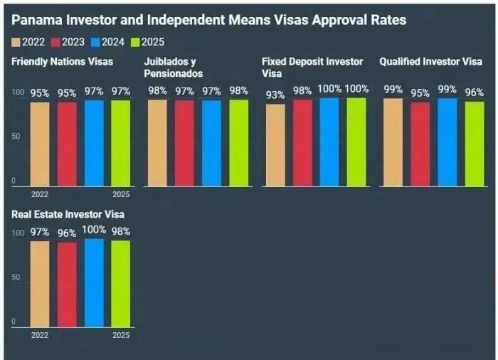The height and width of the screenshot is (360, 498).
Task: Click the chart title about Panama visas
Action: coord(208,20)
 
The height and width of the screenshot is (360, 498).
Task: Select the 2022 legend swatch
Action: coord(17,42)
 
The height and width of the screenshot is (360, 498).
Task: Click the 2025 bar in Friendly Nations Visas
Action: coord(121,142)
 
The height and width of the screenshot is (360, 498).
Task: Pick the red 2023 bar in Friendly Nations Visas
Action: coord(67,144)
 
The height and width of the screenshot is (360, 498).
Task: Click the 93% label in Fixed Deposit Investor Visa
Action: coord(275,95)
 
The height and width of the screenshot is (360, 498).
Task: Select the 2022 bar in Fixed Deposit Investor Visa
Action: coord(275,145)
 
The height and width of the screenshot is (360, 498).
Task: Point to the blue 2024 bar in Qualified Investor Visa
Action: coord(447,142)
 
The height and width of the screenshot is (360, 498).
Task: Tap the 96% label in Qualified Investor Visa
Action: coord(474,92)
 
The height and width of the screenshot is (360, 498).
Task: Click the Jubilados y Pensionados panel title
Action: coord(174,68)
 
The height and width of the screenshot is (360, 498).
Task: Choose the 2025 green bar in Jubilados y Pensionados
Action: coord(239,142)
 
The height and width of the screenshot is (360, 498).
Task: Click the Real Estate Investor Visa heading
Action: coord(68,214)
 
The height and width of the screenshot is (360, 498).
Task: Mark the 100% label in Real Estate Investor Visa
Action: coord(94,230)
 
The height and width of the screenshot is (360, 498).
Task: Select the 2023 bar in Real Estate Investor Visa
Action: coord(67,285)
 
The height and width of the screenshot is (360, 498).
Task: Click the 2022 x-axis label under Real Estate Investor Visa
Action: coord(40,334)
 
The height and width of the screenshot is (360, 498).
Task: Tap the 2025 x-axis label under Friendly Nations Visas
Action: coord(121,194)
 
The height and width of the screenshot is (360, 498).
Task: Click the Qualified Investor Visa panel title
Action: coord(430,62)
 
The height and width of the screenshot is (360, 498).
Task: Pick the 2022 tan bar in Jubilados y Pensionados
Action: coord(157,142)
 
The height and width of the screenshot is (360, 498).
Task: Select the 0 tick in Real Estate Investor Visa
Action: coord(14,322)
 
